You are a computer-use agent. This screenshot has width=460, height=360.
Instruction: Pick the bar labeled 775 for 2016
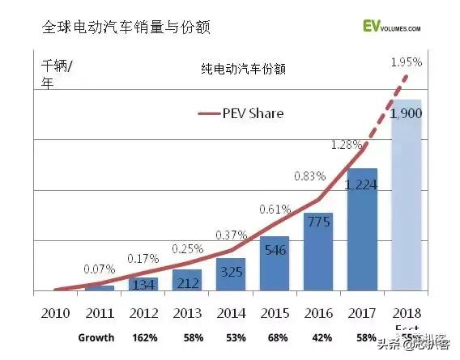click(x=317, y=255)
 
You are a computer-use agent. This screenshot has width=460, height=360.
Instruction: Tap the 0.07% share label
click(x=99, y=267)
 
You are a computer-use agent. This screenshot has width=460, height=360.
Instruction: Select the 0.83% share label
click(x=309, y=176)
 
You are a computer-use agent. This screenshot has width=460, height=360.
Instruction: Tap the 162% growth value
click(x=143, y=337)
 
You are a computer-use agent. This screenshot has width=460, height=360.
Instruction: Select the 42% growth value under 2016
click(x=317, y=337)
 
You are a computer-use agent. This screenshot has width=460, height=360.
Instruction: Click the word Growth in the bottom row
click(x=96, y=337)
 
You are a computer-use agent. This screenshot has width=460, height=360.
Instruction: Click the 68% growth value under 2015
click(x=274, y=337)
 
